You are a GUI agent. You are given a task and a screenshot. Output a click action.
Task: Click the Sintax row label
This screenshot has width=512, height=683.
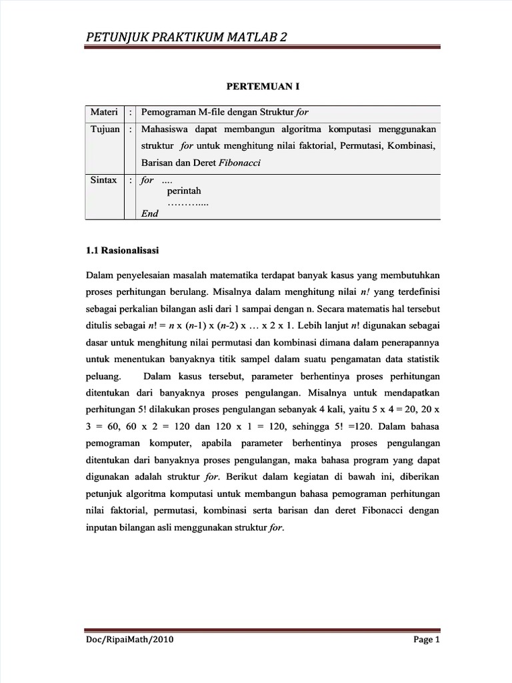point(103,180)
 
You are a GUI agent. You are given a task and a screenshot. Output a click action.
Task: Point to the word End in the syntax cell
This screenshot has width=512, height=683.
point(149,213)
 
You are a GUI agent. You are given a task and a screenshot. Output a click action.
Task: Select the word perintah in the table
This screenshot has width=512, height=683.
point(179,191)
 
